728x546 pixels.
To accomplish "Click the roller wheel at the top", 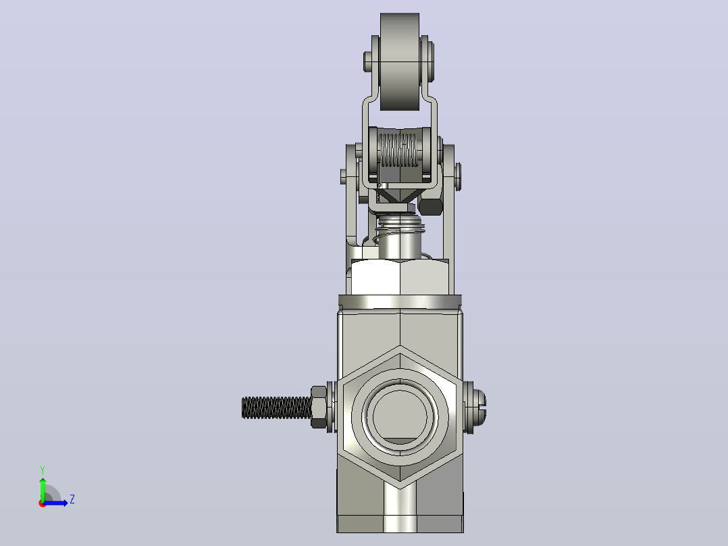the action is point(400,61).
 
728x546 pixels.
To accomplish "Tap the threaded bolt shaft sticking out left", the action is point(276,407).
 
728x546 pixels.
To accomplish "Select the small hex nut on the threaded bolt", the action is point(319,407).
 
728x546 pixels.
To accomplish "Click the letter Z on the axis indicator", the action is point(72,499).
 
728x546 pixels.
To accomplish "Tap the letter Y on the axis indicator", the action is point(43,470).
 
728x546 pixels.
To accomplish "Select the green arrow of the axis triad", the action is point(43,489).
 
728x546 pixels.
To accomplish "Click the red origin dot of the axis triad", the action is point(43,503).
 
